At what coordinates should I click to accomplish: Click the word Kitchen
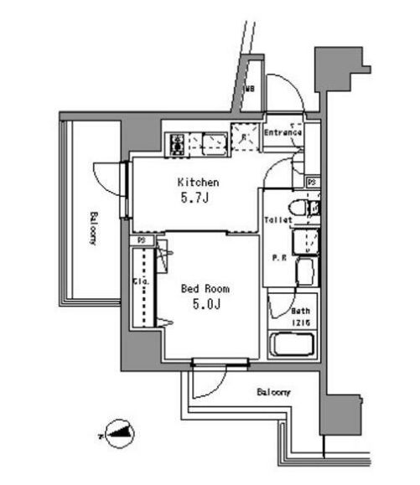[198, 182]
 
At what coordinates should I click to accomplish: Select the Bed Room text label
[205, 288]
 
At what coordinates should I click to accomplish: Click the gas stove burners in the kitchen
[178, 146]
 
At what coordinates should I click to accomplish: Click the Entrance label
[283, 132]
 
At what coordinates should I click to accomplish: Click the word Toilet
[277, 220]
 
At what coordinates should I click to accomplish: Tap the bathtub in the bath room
[292, 345]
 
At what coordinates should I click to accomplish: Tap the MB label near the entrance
[249, 88]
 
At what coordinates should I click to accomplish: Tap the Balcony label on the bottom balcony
[273, 392]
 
